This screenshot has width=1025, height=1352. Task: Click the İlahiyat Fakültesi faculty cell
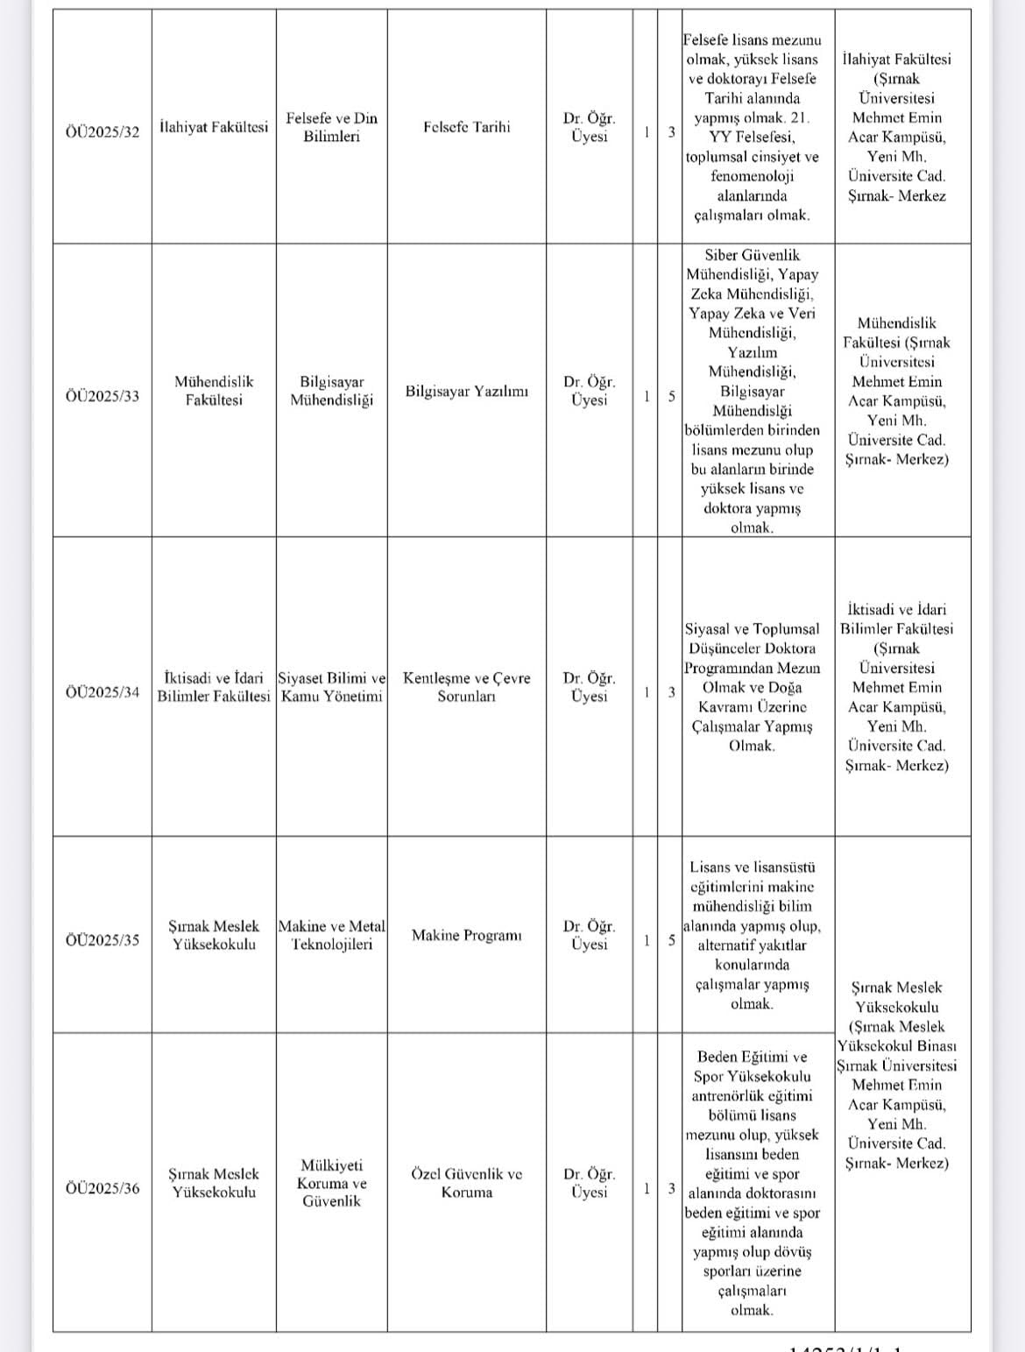(214, 127)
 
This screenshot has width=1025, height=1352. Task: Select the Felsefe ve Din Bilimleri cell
(331, 127)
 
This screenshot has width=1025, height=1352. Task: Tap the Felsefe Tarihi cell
(466, 127)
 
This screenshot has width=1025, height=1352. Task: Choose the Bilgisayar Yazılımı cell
(466, 391)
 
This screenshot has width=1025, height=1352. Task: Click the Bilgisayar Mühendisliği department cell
(331, 391)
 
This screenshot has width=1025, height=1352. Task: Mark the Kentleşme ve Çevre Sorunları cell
(466, 687)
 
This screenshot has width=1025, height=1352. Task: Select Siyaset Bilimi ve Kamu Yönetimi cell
(331, 687)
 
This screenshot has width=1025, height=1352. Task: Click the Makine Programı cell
(466, 935)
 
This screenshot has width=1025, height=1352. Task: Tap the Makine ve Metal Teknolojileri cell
(331, 935)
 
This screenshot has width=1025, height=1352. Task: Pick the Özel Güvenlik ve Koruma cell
(466, 1183)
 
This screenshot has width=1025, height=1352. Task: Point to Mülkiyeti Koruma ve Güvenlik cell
(331, 1183)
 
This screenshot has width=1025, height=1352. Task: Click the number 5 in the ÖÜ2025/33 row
(671, 396)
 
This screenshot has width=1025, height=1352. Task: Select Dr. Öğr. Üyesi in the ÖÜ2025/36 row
(589, 1183)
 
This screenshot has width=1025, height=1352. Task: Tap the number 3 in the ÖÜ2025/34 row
(671, 692)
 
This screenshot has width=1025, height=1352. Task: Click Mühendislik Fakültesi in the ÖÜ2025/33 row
(214, 391)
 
